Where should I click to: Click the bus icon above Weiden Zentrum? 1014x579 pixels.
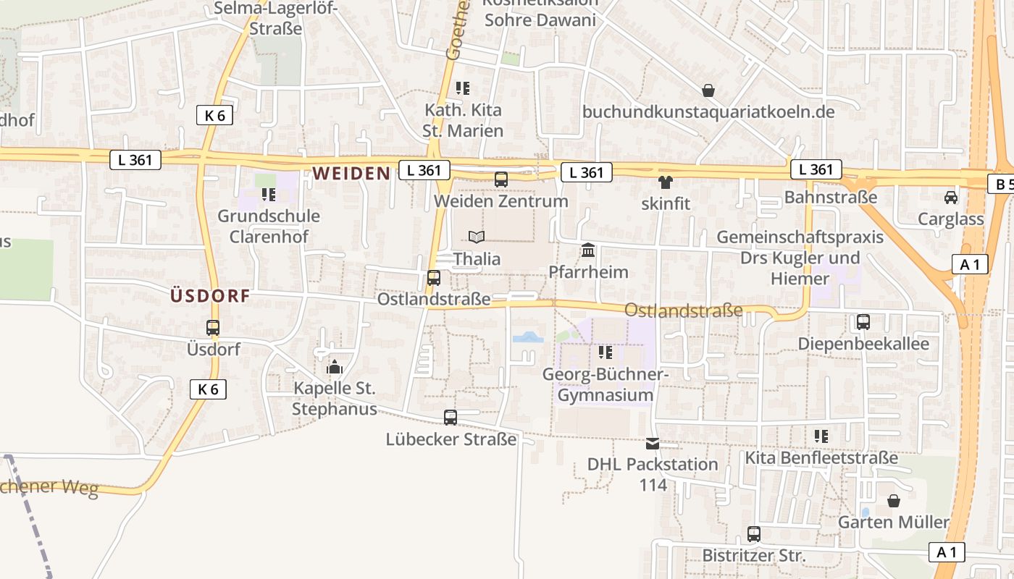pos(500,179)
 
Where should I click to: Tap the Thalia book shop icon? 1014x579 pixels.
pos(476,237)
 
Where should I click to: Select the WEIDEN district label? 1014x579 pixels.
pos(351,173)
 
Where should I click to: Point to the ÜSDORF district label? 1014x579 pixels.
pos(210,295)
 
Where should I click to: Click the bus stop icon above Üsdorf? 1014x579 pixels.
pos(213,328)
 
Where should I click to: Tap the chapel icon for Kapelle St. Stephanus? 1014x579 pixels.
pos(335,367)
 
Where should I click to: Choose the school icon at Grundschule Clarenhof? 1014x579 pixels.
pos(269,194)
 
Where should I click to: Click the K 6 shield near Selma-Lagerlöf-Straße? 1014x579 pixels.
pos(214,115)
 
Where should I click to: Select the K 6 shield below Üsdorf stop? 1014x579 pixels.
pos(208,389)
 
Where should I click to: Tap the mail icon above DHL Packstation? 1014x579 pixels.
pos(653,443)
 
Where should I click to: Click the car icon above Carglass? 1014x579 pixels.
pos(950,197)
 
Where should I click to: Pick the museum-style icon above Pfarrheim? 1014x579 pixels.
pos(588,250)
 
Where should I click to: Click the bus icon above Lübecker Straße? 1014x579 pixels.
pos(451,418)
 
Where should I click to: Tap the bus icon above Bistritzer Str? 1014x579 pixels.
pos(754,534)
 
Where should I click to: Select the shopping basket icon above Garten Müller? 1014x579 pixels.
pos(894,501)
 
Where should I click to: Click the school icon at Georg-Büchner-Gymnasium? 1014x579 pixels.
pos(606,352)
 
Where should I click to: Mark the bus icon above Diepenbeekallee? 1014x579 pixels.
pos(863,321)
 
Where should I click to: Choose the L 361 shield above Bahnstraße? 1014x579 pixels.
pos(816,169)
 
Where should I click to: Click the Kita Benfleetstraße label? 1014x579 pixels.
pos(821,458)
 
